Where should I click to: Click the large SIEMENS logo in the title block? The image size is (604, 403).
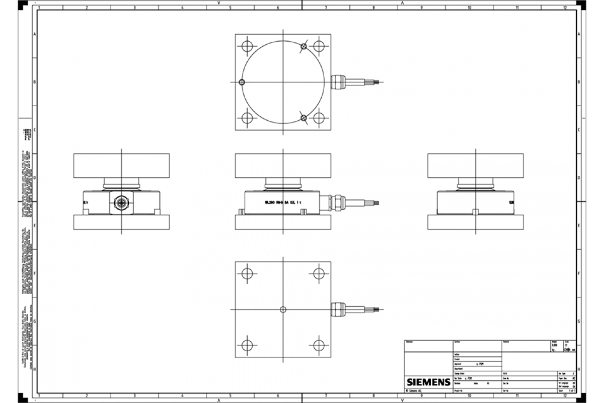pos(428,382)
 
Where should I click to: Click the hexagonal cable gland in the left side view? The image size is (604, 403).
pos(121,203)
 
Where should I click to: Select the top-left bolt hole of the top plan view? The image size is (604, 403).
pos(247,46)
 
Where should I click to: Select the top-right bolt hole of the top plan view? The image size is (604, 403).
pos(318,46)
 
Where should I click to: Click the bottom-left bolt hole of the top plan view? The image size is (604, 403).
pos(247,118)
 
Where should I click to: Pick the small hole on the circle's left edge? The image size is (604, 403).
pos(242,83)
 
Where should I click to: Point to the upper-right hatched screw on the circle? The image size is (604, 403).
pos(304,47)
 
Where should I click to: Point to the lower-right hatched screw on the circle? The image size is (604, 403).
pos(304,118)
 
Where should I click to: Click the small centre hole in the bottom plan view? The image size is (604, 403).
pos(283,309)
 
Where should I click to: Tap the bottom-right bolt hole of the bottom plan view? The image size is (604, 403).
pos(318,345)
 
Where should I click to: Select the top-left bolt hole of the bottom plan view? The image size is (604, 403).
pos(247,274)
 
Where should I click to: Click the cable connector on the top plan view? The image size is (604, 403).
pos(338,82)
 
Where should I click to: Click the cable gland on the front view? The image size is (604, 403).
pos(336,203)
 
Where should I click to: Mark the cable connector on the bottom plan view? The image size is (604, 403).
pos(338,309)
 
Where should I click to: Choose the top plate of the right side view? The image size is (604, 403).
pos(475,165)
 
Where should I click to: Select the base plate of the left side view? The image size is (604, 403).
pos(121,222)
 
